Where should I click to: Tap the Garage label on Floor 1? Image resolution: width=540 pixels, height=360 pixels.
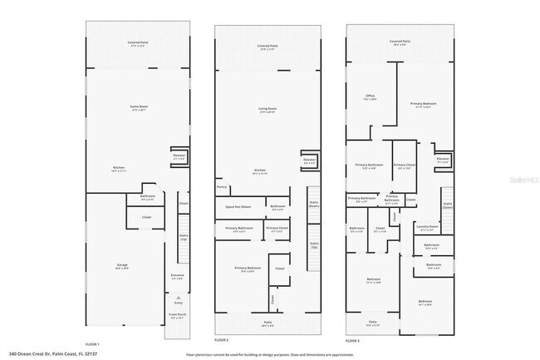coord(121,266)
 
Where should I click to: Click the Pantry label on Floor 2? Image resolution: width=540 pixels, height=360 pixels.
coord(222,188)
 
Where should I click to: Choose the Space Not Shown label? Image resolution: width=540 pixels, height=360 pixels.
coord(238,206)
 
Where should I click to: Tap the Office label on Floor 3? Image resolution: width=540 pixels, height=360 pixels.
coord(371,97)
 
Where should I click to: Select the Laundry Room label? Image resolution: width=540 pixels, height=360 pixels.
coord(426,226)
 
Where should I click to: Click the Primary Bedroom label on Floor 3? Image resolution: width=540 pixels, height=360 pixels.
coord(423,105)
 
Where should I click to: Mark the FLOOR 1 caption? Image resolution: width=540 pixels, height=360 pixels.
coord(92,343)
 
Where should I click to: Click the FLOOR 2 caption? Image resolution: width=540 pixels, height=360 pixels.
coord(221,341)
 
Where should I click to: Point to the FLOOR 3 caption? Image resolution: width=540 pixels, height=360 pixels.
coord(354,341)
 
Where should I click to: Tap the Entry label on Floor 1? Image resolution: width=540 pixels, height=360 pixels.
coord(178,303)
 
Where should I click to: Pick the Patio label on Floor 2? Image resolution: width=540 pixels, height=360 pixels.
coord(268,324)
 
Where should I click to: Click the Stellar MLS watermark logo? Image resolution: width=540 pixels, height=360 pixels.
coord(523,178)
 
